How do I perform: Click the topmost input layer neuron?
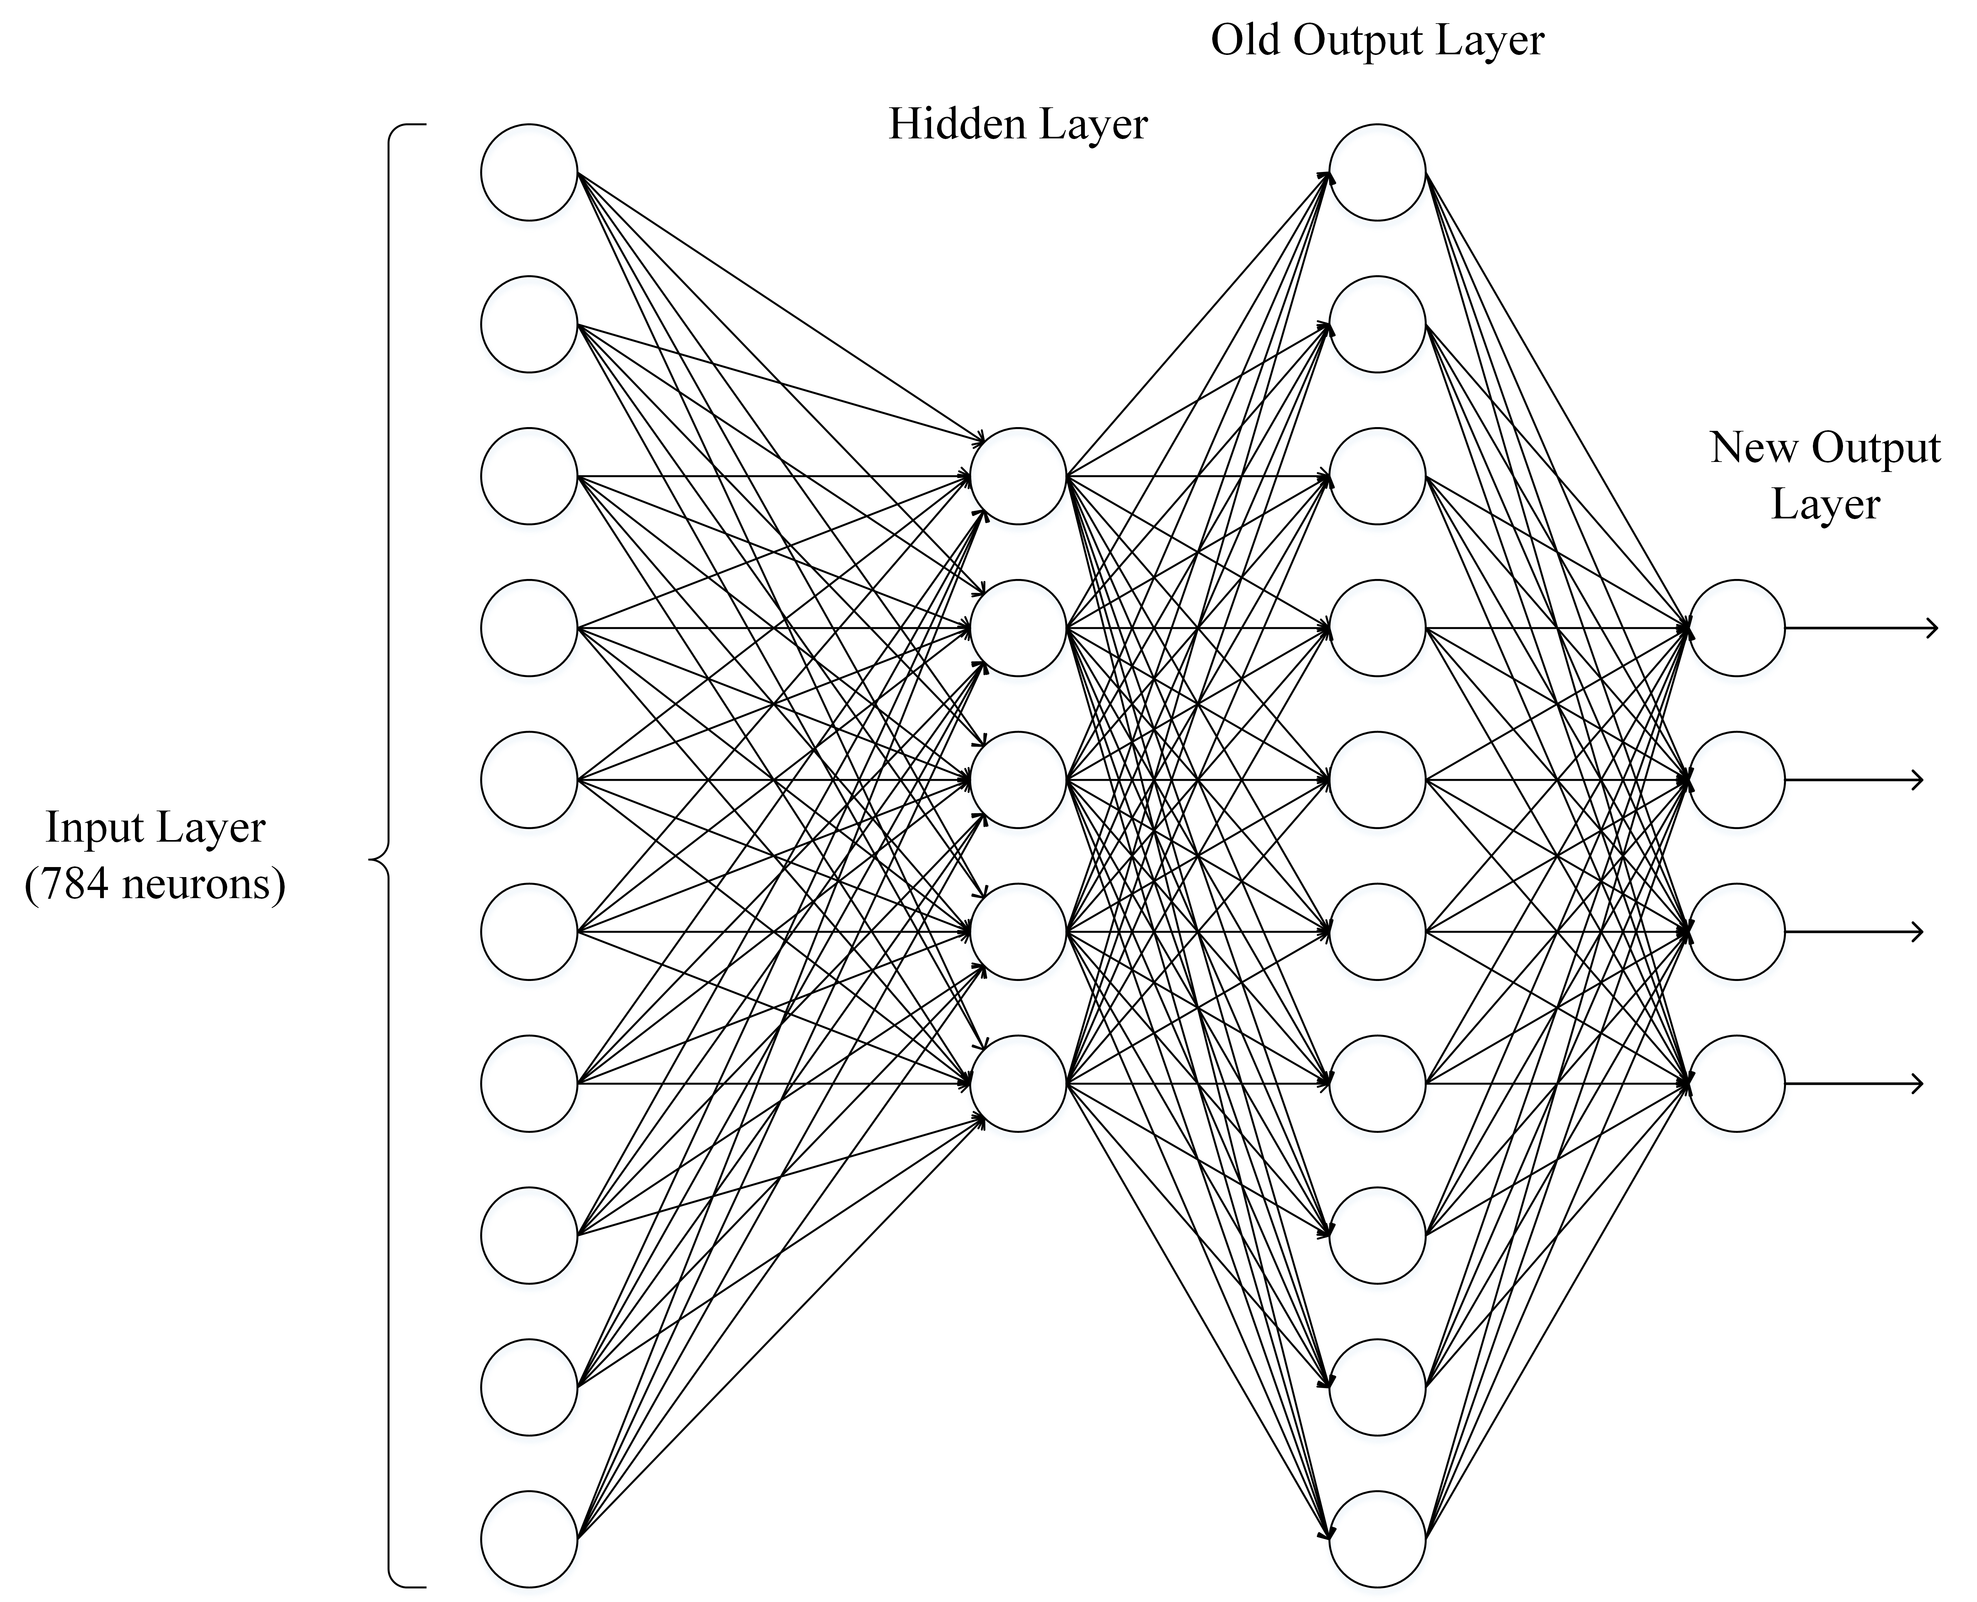529,173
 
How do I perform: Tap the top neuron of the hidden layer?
1018,476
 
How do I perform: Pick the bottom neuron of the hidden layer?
1018,1083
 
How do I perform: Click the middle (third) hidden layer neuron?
1018,780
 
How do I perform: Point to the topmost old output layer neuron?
1377,173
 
